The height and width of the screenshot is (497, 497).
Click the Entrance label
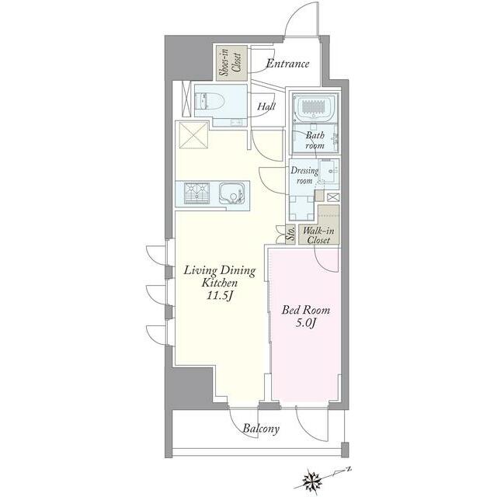coord(287,64)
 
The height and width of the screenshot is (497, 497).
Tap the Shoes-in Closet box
coord(231,63)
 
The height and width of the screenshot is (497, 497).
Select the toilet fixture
coord(210,101)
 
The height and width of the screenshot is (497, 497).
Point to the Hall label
coord(266,106)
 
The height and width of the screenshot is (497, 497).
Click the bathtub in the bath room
coord(315,107)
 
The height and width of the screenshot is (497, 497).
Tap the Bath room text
coord(315,140)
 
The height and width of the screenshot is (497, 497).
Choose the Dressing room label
coord(304,176)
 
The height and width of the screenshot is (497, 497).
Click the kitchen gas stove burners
coord(196,193)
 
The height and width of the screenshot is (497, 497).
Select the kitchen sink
coord(231,193)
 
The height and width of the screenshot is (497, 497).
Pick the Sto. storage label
coord(290,235)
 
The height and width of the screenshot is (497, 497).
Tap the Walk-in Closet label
coord(318,235)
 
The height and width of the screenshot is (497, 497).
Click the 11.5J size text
coord(220,297)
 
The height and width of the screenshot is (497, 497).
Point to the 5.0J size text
coord(306,323)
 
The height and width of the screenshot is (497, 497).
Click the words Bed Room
coord(306,310)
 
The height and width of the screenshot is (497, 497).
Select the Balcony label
coord(261,429)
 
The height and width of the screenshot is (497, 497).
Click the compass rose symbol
coord(312,478)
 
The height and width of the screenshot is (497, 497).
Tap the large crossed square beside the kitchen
coord(193,135)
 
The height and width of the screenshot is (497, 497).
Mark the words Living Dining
coord(220,271)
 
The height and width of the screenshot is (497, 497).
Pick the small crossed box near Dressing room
coord(333,197)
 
